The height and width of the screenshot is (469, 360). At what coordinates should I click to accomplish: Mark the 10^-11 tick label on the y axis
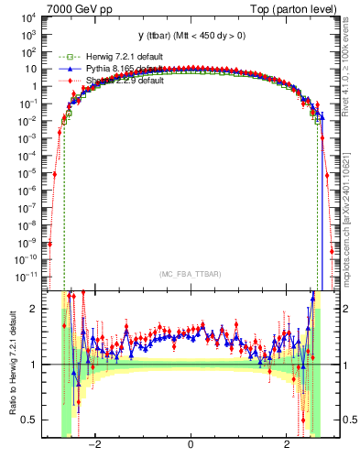coord(27,274)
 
